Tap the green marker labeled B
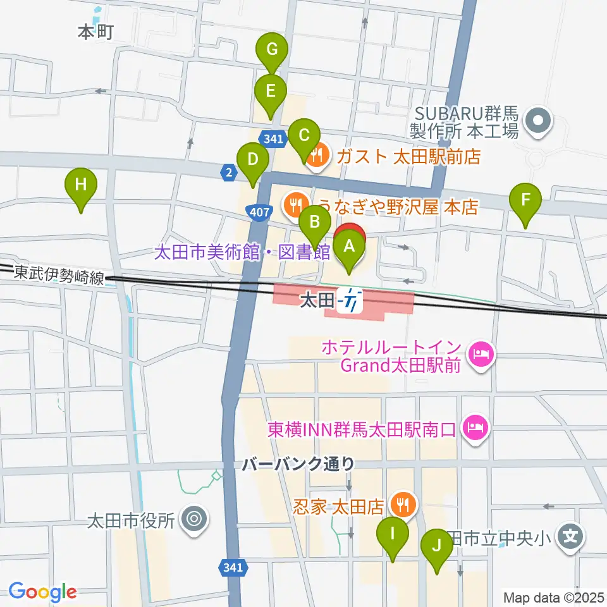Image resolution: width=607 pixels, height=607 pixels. [314, 223]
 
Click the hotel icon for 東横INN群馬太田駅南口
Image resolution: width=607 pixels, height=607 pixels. [475, 428]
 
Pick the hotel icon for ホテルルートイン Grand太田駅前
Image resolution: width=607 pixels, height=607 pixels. [481, 353]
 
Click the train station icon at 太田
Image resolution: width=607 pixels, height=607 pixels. [350, 300]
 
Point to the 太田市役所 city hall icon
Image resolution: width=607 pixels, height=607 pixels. [193, 520]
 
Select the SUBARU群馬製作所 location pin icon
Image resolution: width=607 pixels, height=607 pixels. [539, 120]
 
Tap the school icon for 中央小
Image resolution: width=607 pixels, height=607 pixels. [570, 537]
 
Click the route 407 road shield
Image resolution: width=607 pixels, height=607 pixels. [257, 214]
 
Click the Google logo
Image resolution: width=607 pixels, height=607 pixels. [42, 592]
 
